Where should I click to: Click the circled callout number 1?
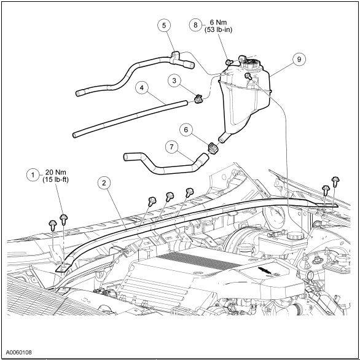pyautogui.click(x=33, y=175)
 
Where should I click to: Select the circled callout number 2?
pyautogui.click(x=104, y=183)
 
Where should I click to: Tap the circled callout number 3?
pyautogui.click(x=174, y=80)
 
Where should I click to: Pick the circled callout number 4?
pyautogui.click(x=142, y=88)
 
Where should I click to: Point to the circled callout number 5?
pyautogui.click(x=164, y=25)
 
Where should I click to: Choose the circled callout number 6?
pyautogui.click(x=186, y=130)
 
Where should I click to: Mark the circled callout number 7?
pyautogui.click(x=172, y=147)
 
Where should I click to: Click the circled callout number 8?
pyautogui.click(x=195, y=25)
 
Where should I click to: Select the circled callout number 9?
pyautogui.click(x=299, y=60)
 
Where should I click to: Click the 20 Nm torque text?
pyautogui.click(x=56, y=172)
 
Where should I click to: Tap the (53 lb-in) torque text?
pyautogui.click(x=218, y=29)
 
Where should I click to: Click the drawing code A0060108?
pyautogui.click(x=19, y=352)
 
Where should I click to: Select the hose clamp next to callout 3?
pyautogui.click(x=198, y=98)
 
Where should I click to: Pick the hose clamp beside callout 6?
pyautogui.click(x=213, y=149)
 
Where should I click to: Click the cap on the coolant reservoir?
pyautogui.click(x=251, y=63)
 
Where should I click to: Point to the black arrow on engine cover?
pyautogui.click(x=265, y=270)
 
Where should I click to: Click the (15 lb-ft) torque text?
pyautogui.click(x=56, y=179)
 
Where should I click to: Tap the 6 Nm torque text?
pyautogui.click(x=218, y=23)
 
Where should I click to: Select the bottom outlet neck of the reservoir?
pyautogui.click(x=224, y=137)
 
